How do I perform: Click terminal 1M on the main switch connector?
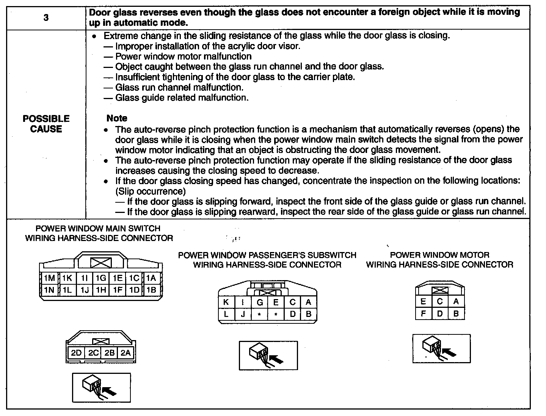[x=50, y=278]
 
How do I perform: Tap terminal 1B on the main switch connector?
[x=151, y=290]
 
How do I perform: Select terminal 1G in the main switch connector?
[x=101, y=278]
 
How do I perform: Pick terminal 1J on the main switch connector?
[x=85, y=290]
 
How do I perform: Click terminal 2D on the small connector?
[x=76, y=353]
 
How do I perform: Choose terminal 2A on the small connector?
[x=126, y=353]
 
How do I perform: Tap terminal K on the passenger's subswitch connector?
[x=226, y=302]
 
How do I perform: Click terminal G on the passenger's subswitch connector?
[x=260, y=302]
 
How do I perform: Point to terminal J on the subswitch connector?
[x=243, y=314]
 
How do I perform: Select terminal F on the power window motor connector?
[x=424, y=314]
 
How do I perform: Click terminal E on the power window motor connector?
[x=424, y=301]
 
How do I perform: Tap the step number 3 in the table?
[x=46, y=18]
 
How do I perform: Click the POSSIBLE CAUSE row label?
[x=46, y=124]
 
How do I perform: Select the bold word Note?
[x=117, y=118]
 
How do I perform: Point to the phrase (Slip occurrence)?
[x=151, y=191]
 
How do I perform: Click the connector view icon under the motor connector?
[x=441, y=348]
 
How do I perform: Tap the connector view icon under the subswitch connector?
[x=268, y=356]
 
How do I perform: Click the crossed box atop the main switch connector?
[x=101, y=263]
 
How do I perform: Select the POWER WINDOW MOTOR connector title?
[x=440, y=260]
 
